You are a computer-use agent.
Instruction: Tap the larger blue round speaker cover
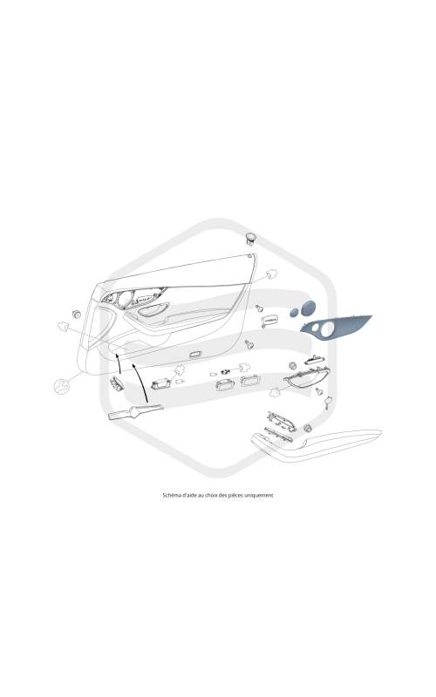click(x=308, y=308)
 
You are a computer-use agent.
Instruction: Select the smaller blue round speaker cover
click(x=294, y=313)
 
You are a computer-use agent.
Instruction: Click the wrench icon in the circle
click(x=62, y=385)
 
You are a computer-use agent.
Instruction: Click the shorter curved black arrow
click(x=119, y=363)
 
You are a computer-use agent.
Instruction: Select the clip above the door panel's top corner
click(x=251, y=238)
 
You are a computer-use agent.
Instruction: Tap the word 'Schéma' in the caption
click(x=170, y=495)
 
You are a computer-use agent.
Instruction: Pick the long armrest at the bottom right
click(x=316, y=443)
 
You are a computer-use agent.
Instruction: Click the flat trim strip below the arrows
click(x=136, y=412)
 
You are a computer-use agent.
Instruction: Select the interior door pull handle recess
click(x=153, y=309)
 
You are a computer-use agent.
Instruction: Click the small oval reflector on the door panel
click(x=195, y=355)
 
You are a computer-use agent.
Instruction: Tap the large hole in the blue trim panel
click(x=329, y=328)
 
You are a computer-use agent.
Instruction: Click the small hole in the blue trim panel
click(x=315, y=328)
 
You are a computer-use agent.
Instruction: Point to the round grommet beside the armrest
click(x=307, y=428)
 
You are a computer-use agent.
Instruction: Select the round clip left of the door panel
click(x=76, y=315)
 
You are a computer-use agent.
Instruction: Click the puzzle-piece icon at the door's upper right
click(x=271, y=274)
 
